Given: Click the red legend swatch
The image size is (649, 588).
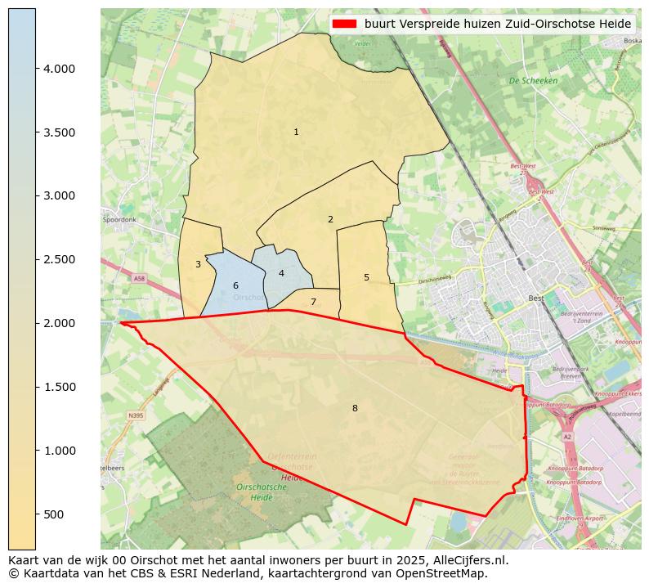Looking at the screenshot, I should tap(344, 23).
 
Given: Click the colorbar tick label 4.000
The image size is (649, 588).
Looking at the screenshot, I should tap(60, 69).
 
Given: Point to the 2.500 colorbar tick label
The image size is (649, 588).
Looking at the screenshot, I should tap(60, 259).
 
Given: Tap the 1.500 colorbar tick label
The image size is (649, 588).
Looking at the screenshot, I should tap(60, 387).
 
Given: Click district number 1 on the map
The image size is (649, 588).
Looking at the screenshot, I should tap(296, 132).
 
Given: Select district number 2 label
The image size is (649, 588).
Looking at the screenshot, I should tap(330, 219).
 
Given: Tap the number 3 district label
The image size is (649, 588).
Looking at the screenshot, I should tap(198, 264).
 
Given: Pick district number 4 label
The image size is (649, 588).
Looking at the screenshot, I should tap(281, 273).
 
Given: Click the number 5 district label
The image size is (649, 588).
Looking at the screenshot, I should tap(366, 277).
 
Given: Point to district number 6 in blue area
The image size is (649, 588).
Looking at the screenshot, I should tap(235, 285).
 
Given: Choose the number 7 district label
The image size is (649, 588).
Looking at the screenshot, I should tap(313, 302).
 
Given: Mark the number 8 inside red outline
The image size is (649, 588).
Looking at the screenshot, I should tap(355, 408).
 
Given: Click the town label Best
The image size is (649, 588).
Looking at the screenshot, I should tap(536, 298).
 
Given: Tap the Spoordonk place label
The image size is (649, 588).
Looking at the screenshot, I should tap(119, 220).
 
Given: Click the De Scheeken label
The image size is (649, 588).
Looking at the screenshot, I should tap(533, 81).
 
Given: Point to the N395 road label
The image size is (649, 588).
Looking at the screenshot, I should tap(136, 416).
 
